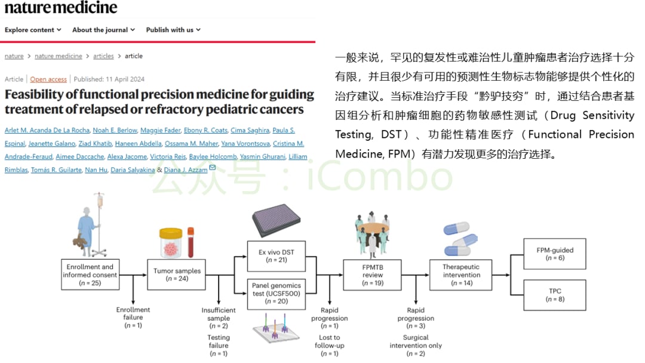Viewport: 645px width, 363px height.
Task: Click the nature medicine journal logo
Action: click(x=61, y=8)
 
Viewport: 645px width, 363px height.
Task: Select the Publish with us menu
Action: click(x=173, y=30)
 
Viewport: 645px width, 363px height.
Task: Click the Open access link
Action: click(x=48, y=79)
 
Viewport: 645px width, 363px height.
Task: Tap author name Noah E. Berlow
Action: click(x=113, y=131)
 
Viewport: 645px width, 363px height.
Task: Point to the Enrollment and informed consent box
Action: click(x=90, y=275)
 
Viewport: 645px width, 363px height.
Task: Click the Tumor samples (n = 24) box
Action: click(x=177, y=275)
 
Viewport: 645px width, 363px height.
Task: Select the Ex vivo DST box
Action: click(x=276, y=256)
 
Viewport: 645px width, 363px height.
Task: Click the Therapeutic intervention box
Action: click(x=461, y=275)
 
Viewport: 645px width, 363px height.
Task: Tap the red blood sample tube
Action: click(x=191, y=242)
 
